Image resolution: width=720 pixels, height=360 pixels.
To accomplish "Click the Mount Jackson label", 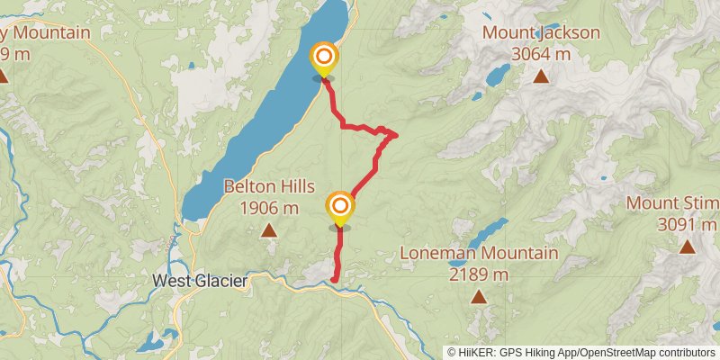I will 541,33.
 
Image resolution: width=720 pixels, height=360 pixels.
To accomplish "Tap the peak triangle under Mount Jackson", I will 541,76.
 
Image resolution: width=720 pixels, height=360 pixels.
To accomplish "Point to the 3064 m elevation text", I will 541,54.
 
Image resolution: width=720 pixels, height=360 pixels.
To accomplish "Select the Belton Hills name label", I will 269,187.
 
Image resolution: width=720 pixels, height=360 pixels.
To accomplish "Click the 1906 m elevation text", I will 269,208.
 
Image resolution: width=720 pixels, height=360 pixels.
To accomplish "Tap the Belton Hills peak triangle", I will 269,230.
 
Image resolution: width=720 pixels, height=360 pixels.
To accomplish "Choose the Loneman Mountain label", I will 479,253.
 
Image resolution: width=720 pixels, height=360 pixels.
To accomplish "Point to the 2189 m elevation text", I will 479,274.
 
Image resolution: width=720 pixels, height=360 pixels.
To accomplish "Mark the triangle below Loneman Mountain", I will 479,296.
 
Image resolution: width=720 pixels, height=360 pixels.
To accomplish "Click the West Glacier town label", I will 199,281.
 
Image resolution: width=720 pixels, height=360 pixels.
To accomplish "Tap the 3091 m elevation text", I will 688,223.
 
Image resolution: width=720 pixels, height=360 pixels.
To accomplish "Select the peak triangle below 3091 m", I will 688,246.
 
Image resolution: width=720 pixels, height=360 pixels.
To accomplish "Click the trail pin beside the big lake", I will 323,59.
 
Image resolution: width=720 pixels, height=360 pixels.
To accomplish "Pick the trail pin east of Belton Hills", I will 340,209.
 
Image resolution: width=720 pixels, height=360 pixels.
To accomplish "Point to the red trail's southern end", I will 335,281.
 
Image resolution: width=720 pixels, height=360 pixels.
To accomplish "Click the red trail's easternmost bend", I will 396,135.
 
